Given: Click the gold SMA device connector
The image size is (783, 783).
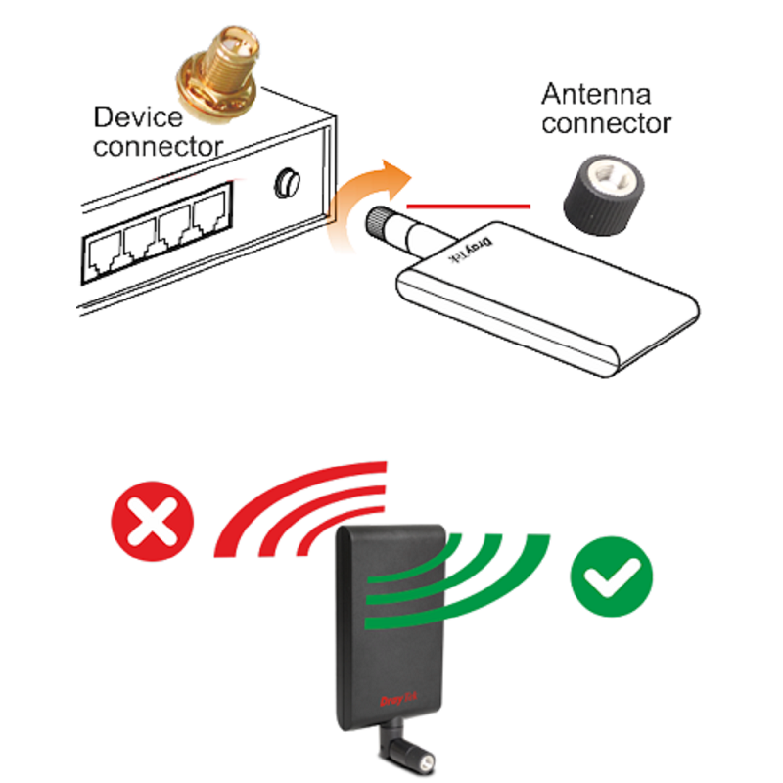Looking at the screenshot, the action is (218, 74).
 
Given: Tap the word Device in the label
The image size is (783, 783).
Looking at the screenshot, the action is (138, 117).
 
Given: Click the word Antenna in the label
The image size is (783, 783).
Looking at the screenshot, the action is (596, 94).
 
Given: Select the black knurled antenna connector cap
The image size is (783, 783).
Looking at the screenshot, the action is (603, 195).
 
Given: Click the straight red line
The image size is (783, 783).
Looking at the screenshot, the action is (469, 206).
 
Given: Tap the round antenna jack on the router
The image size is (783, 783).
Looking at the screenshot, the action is (287, 183).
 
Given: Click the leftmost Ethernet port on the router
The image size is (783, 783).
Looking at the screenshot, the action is (104, 254).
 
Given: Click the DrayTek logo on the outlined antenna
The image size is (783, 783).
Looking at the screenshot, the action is (471, 250).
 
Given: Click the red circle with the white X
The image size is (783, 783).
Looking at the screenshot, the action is (153, 521).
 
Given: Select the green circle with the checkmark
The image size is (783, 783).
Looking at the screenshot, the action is (611, 576).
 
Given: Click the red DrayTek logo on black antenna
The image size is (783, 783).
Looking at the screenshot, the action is (398, 699).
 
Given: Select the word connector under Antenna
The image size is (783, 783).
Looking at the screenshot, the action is (606, 123).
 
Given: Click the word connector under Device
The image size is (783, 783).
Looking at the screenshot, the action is (158, 147).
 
